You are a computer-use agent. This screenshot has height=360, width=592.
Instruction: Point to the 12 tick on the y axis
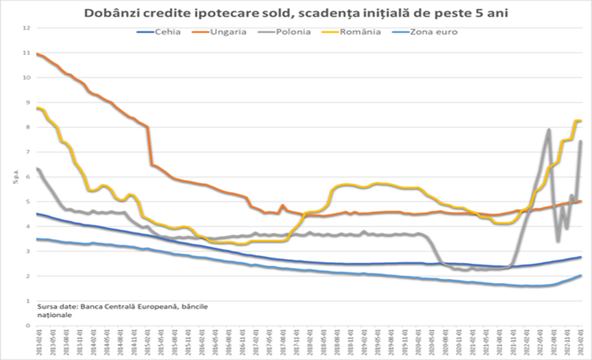[27, 28]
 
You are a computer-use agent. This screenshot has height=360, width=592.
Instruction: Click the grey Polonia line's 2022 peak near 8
[549, 129]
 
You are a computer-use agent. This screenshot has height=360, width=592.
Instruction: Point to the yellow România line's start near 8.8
[38, 107]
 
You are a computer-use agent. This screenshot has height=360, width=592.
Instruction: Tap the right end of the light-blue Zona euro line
[581, 275]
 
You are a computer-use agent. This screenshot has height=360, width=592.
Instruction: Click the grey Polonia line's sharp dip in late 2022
[558, 242]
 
